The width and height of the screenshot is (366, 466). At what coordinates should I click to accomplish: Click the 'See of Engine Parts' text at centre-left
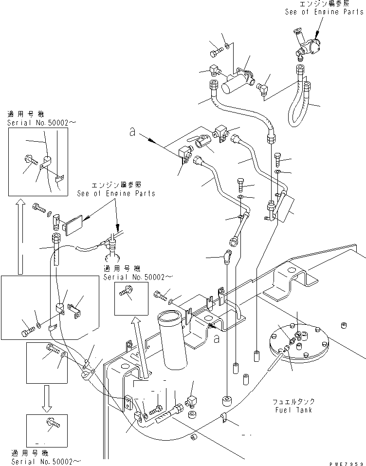(x=116, y=193)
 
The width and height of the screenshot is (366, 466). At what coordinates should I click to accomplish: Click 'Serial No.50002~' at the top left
(x=34, y=123)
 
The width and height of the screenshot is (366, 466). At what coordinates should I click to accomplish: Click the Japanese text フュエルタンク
(x=293, y=402)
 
